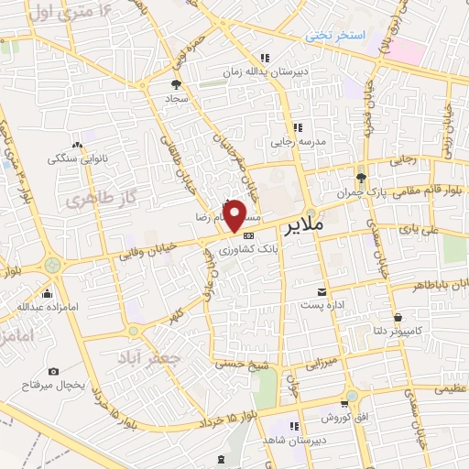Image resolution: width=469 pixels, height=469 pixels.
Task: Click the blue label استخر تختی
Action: (x=335, y=35)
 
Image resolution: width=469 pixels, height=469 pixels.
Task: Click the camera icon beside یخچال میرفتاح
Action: (x=54, y=372)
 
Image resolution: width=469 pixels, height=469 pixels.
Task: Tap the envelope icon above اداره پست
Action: (x=321, y=291)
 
